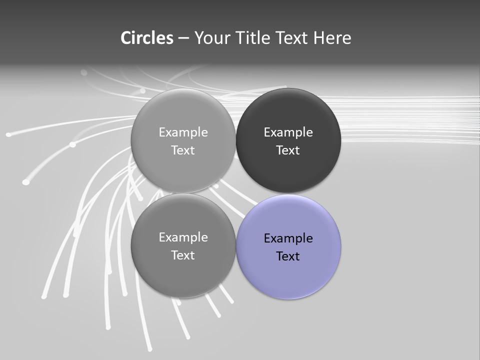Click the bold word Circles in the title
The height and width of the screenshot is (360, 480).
(147, 38)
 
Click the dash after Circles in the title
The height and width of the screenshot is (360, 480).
(183, 38)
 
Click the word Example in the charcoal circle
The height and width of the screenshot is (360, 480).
(288, 132)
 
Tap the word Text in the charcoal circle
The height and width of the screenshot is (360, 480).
(288, 150)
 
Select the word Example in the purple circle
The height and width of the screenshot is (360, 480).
(288, 238)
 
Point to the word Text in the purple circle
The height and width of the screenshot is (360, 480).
(288, 256)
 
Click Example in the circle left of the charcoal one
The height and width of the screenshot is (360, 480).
(183, 132)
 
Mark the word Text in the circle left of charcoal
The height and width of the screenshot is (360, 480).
(183, 150)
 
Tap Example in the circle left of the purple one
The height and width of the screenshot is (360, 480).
(183, 237)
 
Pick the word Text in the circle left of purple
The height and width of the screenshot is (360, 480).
(183, 255)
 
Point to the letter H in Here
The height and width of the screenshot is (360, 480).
(318, 38)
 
